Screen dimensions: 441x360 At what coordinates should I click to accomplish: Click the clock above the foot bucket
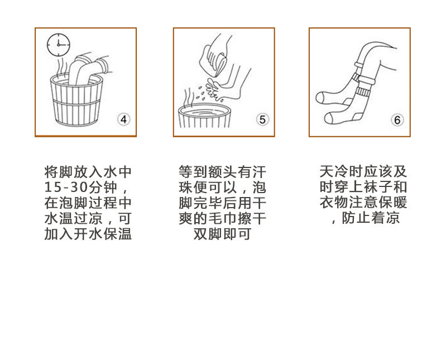click(58, 45)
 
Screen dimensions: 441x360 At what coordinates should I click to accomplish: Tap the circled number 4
click(124, 119)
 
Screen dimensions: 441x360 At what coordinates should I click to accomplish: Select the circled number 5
click(262, 119)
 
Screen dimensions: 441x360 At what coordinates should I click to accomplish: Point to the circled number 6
click(397, 120)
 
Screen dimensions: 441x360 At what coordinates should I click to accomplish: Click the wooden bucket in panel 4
click(76, 100)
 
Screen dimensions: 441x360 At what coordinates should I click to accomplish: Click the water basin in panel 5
click(204, 116)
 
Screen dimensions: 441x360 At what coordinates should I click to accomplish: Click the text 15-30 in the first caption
click(66, 188)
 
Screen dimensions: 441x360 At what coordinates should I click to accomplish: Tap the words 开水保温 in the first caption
click(103, 234)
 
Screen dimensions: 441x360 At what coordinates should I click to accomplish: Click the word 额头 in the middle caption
click(222, 172)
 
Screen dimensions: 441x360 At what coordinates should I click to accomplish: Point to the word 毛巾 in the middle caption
click(222, 219)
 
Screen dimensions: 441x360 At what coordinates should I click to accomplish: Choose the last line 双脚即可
click(222, 234)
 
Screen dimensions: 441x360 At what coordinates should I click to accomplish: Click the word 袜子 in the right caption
click(378, 187)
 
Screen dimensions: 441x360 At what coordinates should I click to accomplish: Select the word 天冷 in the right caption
click(334, 171)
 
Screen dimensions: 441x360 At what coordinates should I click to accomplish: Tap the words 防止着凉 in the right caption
click(371, 218)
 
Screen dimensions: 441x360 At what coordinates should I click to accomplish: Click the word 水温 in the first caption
click(59, 219)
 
